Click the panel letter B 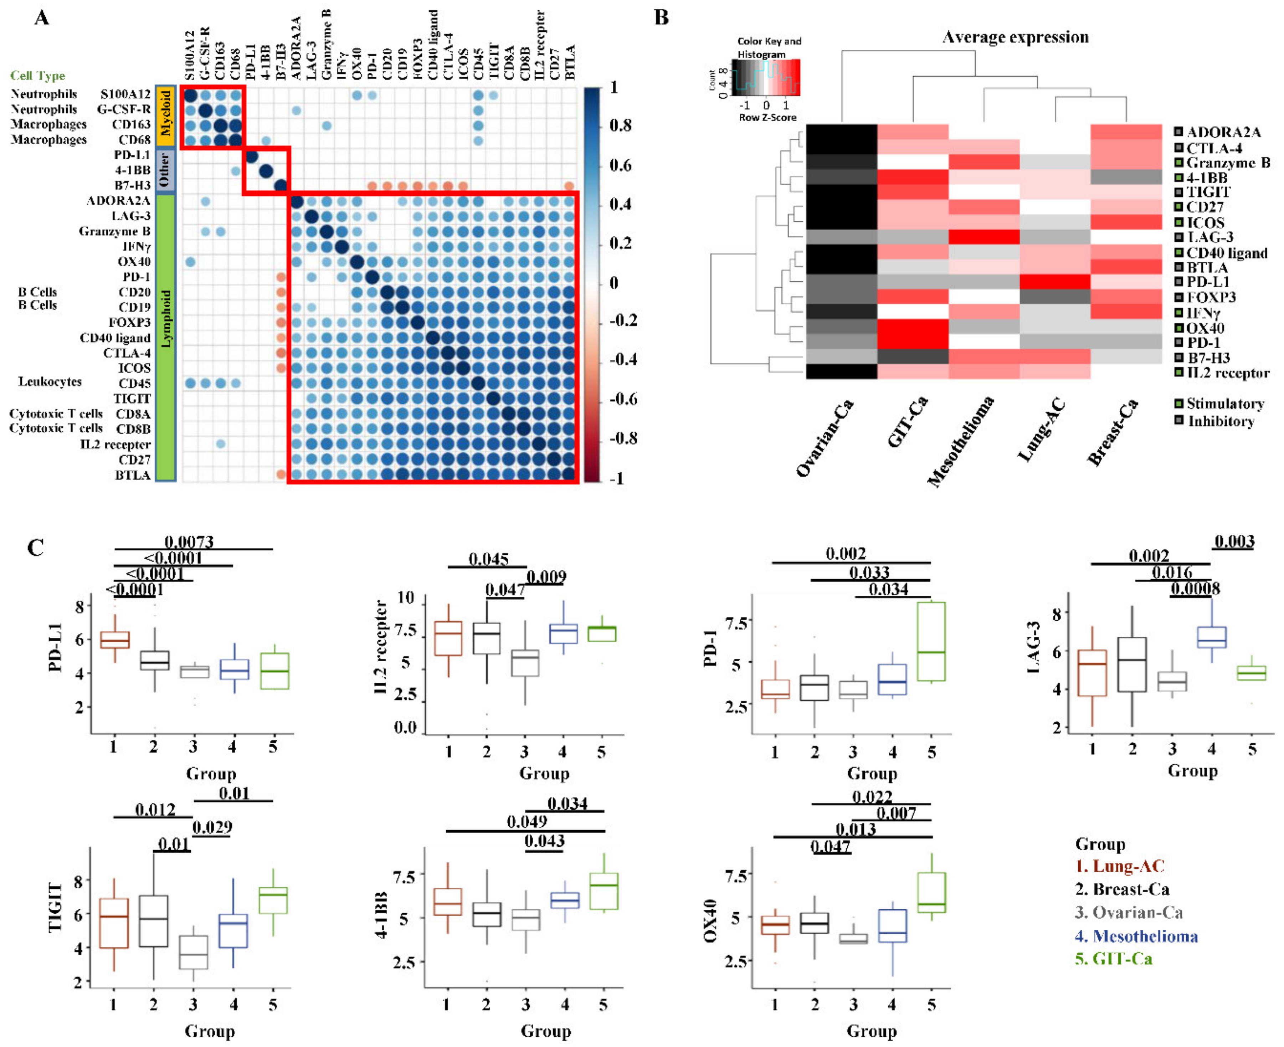(662, 17)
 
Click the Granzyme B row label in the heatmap (1228, 163)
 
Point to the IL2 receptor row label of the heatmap (1228, 373)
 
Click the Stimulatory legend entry (1224, 404)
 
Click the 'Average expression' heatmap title (1016, 37)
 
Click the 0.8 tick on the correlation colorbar (620, 125)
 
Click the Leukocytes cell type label (50, 382)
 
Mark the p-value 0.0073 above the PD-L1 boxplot (189, 542)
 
